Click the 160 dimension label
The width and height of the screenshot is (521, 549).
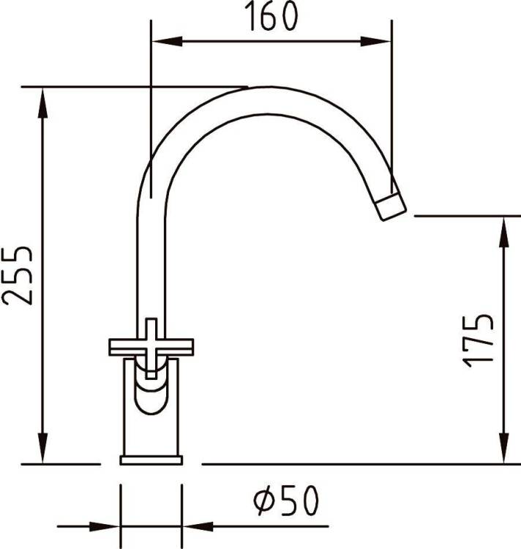click(x=272, y=16)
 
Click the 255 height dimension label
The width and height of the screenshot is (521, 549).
click(x=18, y=275)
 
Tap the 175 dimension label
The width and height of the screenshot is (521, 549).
click(x=479, y=341)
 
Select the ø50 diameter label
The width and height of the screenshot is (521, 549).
click(x=287, y=501)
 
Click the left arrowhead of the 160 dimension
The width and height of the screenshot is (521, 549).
click(x=167, y=41)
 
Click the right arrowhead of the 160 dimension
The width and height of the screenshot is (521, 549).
click(x=375, y=41)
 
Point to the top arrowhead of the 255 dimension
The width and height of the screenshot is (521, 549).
click(x=42, y=102)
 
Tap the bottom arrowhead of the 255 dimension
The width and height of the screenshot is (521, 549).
click(x=42, y=449)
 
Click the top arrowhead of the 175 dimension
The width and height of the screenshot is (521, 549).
click(x=503, y=232)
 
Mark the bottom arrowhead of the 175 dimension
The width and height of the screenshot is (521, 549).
click(x=503, y=449)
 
